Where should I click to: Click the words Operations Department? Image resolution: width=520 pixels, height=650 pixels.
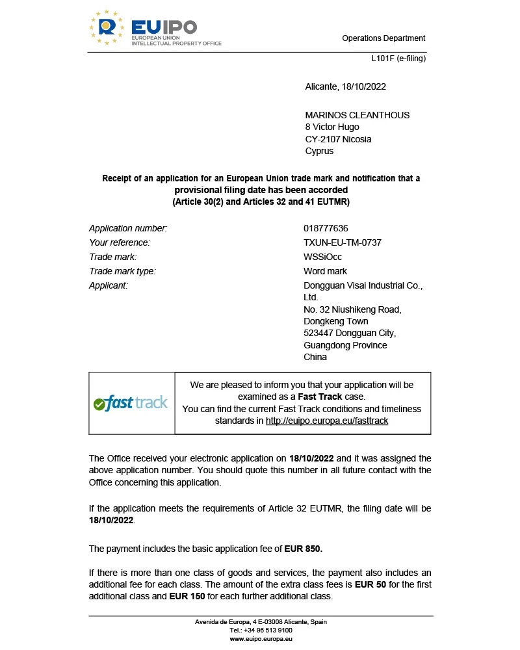click(x=383, y=38)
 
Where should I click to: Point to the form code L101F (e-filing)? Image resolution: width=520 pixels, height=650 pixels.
click(x=398, y=58)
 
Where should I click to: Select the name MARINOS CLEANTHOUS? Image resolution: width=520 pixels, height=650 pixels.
click(x=357, y=115)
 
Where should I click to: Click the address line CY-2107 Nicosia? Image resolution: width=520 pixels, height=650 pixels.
click(x=338, y=139)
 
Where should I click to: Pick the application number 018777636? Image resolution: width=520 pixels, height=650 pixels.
click(x=326, y=228)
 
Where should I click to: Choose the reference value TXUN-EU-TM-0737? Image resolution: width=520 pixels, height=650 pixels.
click(x=342, y=242)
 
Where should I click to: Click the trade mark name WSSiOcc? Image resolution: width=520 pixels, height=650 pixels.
click(x=322, y=257)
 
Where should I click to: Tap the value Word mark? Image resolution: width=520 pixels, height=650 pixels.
click(x=325, y=271)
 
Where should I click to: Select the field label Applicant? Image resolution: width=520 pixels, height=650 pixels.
click(x=108, y=285)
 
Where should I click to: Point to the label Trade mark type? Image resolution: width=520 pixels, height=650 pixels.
click(x=122, y=271)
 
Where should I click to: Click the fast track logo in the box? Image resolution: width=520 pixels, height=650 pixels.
click(x=131, y=403)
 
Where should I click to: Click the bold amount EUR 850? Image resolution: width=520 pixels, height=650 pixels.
click(x=304, y=549)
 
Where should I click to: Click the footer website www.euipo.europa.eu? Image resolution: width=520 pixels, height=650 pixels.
click(x=261, y=639)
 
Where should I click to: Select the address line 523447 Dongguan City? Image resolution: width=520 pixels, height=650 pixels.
click(x=350, y=333)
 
